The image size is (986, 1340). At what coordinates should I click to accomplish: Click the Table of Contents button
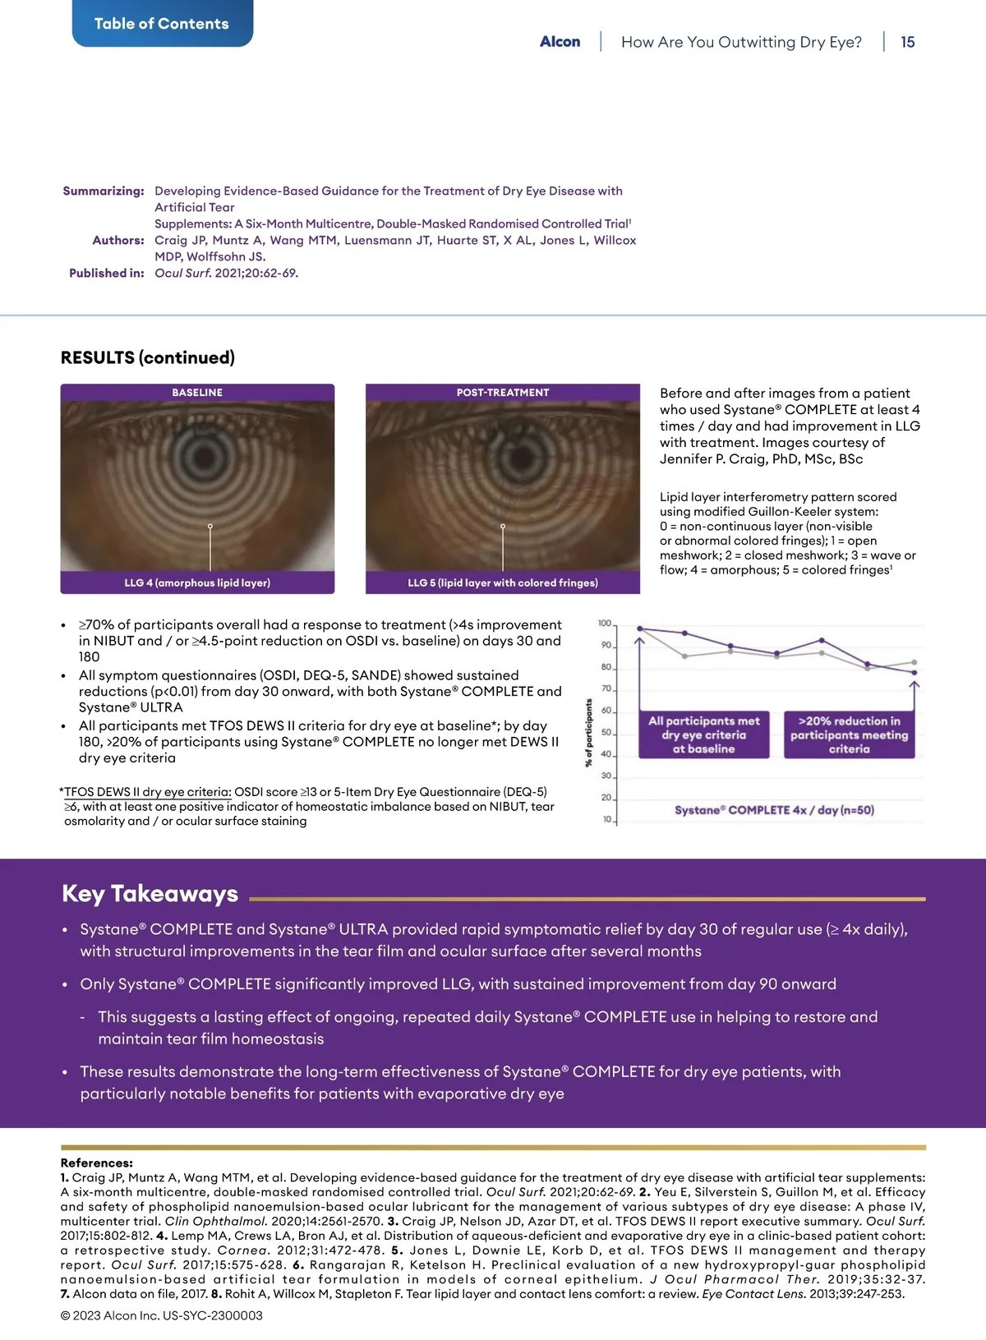[x=162, y=24]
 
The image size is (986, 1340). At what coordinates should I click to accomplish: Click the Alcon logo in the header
[x=560, y=42]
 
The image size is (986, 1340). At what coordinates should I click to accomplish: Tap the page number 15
[x=907, y=42]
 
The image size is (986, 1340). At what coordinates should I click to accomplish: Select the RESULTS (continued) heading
[x=148, y=357]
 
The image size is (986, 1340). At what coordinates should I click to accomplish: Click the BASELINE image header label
[x=197, y=393]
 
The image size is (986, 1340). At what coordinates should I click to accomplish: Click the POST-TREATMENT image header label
[x=503, y=393]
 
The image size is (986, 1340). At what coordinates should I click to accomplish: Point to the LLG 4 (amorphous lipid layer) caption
[x=197, y=583]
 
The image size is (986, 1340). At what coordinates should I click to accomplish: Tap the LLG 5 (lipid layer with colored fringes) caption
[x=503, y=583]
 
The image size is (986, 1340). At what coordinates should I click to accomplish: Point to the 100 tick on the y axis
[x=605, y=624]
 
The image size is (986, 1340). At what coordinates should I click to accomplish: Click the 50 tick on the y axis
[x=606, y=733]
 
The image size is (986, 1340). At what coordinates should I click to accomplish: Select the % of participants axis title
[x=588, y=733]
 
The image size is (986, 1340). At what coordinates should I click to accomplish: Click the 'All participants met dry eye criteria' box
[x=704, y=734]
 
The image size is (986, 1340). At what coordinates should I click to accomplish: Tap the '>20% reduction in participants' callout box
[x=849, y=734]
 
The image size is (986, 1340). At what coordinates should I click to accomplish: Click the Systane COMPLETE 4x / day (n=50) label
[x=774, y=810]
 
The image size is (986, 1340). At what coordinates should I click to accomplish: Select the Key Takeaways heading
[x=150, y=894]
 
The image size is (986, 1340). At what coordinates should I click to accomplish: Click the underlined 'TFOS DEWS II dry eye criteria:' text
[x=148, y=792]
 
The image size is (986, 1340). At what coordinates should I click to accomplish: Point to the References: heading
[x=96, y=1163]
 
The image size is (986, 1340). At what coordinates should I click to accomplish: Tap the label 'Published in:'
[x=107, y=273]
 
